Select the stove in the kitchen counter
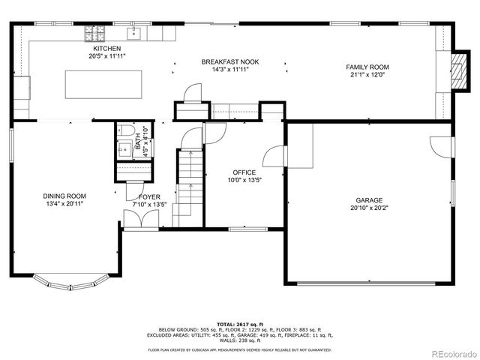95,33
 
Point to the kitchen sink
136,33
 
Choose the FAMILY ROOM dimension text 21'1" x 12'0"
366,75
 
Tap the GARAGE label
369,200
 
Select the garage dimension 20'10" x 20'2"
369,208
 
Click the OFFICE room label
244,172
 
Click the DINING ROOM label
64,196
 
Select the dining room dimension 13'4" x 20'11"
64,203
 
